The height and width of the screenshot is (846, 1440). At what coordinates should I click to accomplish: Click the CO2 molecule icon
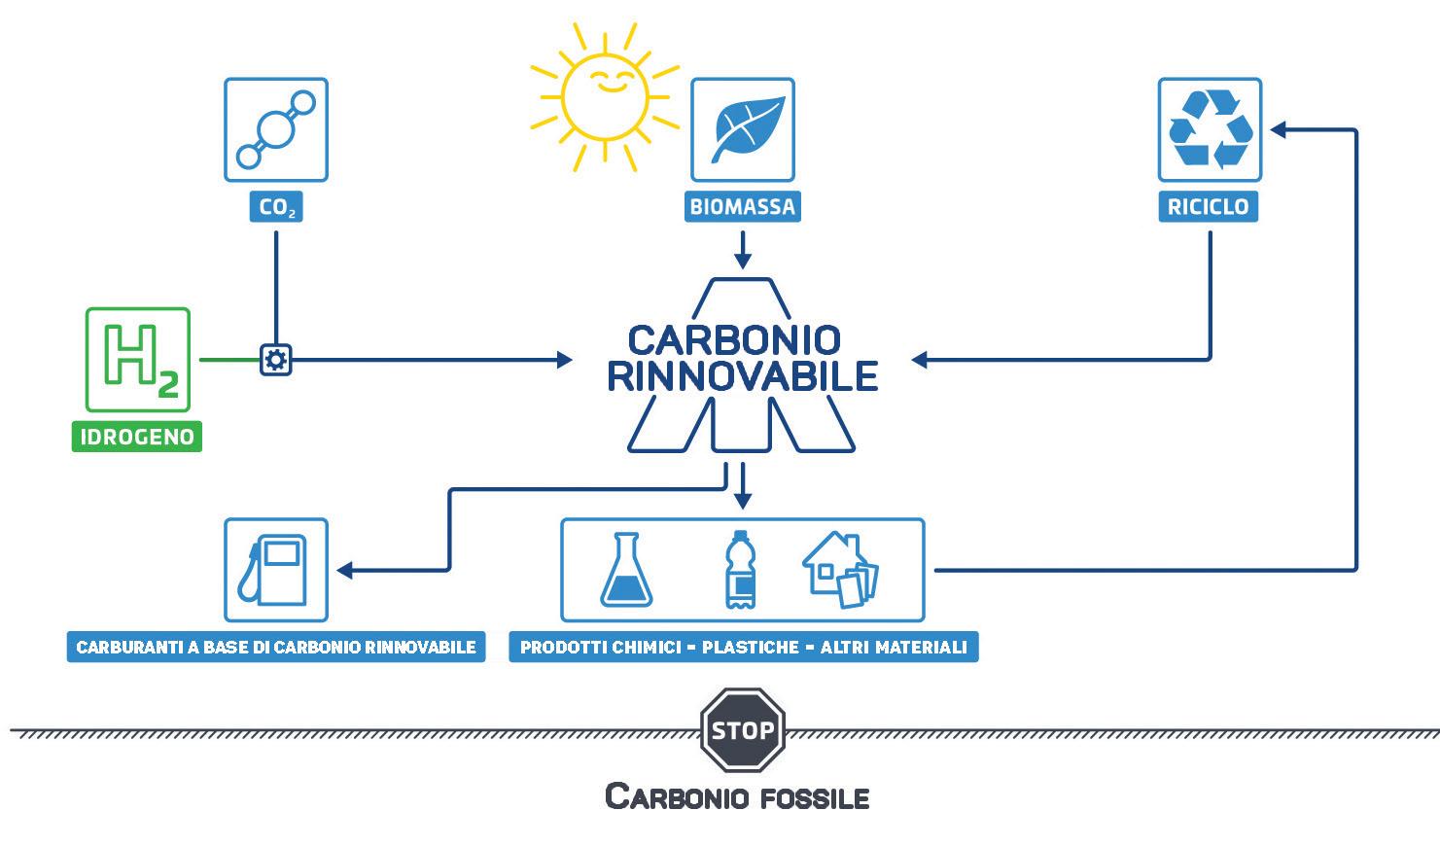tap(276, 129)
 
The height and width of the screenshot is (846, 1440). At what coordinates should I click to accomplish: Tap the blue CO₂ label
tap(277, 207)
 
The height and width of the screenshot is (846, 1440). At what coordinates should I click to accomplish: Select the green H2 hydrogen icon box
tap(138, 359)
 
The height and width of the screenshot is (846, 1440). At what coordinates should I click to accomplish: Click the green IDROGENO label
tap(137, 437)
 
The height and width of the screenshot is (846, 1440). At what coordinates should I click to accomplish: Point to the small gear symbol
tap(276, 360)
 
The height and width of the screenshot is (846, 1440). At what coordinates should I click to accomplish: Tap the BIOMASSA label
tap(743, 207)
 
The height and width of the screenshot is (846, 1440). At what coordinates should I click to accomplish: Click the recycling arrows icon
tap(1210, 129)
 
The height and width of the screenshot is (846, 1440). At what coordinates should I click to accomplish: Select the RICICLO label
tap(1209, 207)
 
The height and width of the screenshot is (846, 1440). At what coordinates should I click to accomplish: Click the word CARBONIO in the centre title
tap(733, 340)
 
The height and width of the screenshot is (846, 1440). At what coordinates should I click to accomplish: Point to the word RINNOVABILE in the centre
tap(743, 375)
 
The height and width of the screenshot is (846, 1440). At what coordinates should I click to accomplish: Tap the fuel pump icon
tap(275, 570)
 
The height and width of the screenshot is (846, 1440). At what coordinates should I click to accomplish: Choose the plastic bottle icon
tap(740, 570)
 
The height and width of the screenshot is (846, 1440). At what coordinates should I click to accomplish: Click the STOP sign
tap(743, 729)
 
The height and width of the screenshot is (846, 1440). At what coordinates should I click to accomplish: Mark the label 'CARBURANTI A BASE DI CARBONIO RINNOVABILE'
tap(276, 648)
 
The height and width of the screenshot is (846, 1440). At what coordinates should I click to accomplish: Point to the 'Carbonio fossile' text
tap(737, 796)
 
